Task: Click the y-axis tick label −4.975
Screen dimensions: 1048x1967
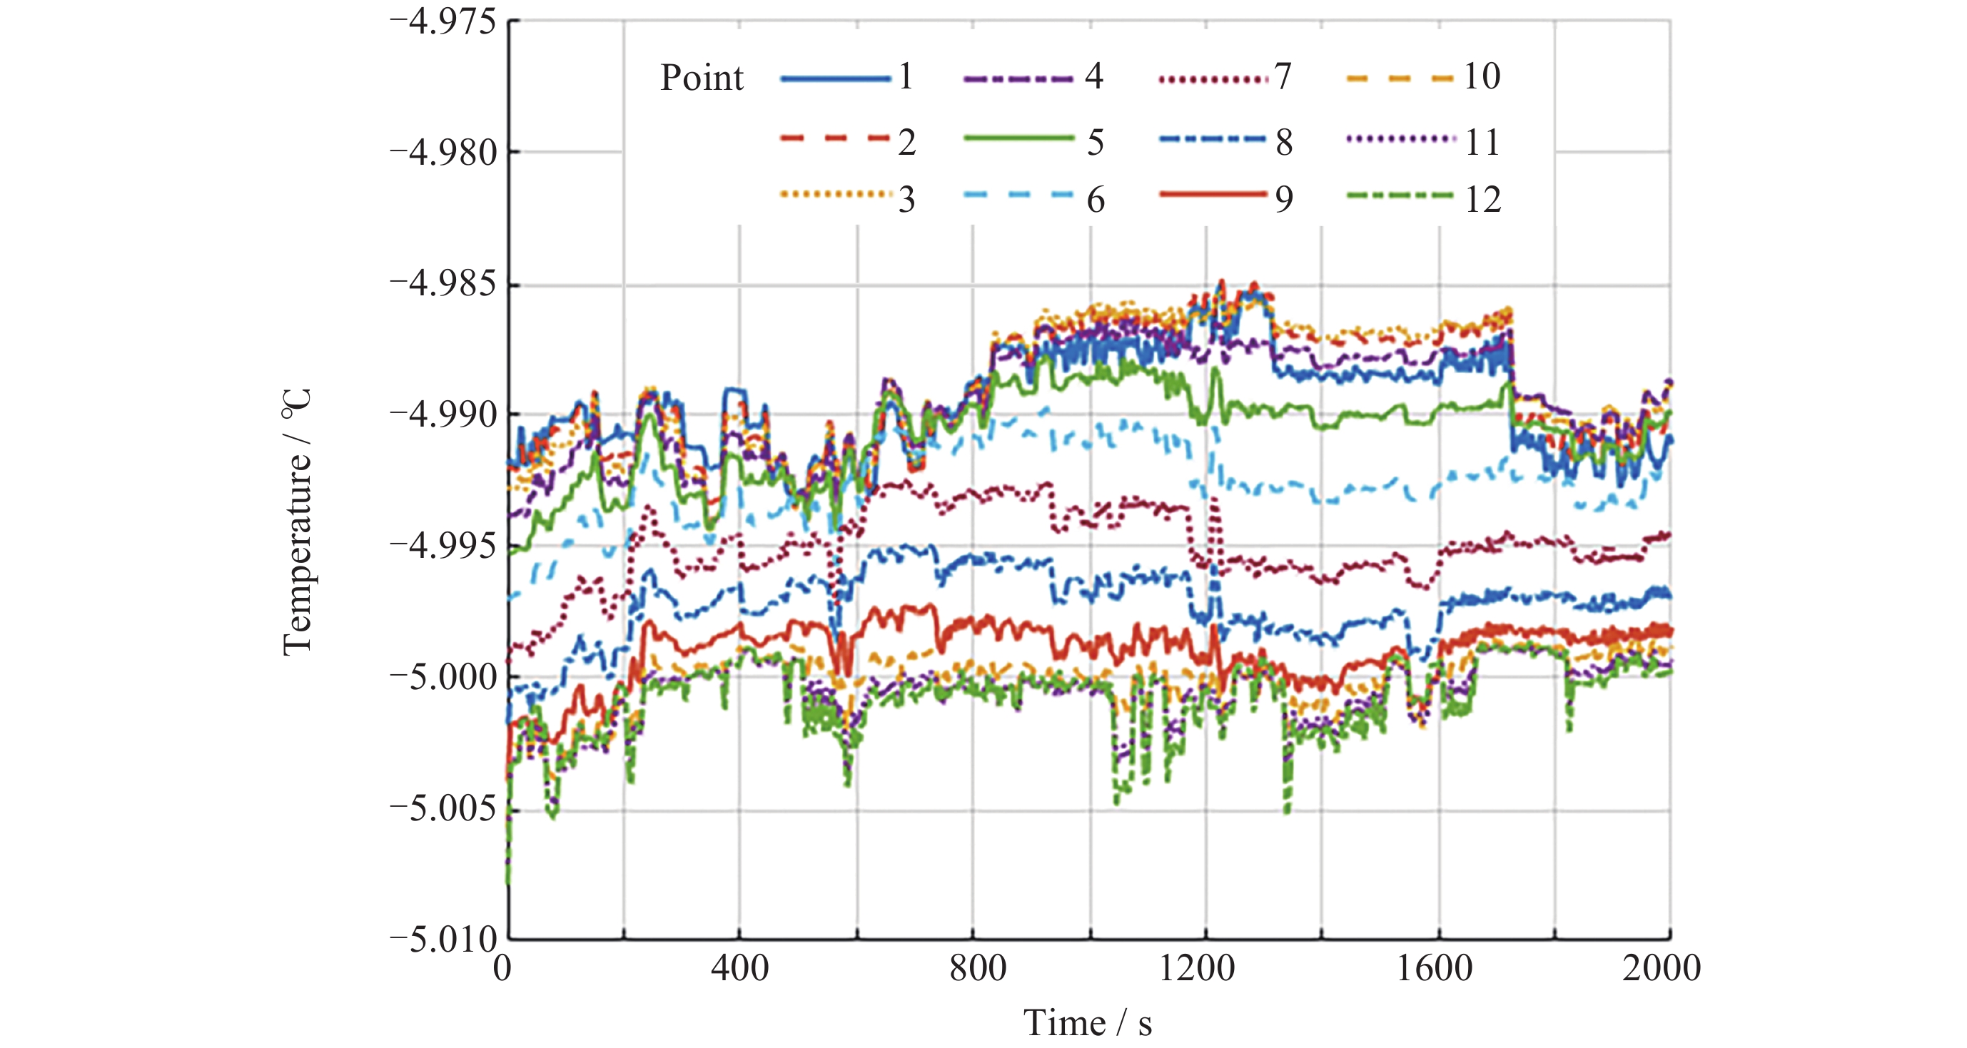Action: pyautogui.click(x=443, y=21)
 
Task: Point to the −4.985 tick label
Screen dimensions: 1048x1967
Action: pyautogui.click(x=443, y=284)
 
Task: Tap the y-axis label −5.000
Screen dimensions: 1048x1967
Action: pyautogui.click(x=443, y=676)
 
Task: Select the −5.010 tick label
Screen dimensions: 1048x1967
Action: pyautogui.click(x=443, y=939)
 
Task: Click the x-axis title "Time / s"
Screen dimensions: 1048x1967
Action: pyautogui.click(x=1088, y=1024)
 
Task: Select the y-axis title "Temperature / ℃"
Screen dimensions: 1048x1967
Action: pyautogui.click(x=298, y=522)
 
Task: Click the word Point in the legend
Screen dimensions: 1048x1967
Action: pyautogui.click(x=701, y=78)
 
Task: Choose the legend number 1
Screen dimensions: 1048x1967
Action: pyautogui.click(x=906, y=76)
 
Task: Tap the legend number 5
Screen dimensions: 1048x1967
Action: pyautogui.click(x=1095, y=143)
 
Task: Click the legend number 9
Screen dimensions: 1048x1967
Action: pyautogui.click(x=1283, y=200)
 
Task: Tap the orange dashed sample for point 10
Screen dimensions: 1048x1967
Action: pyautogui.click(x=1399, y=78)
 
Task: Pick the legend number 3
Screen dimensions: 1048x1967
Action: pyautogui.click(x=906, y=200)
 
